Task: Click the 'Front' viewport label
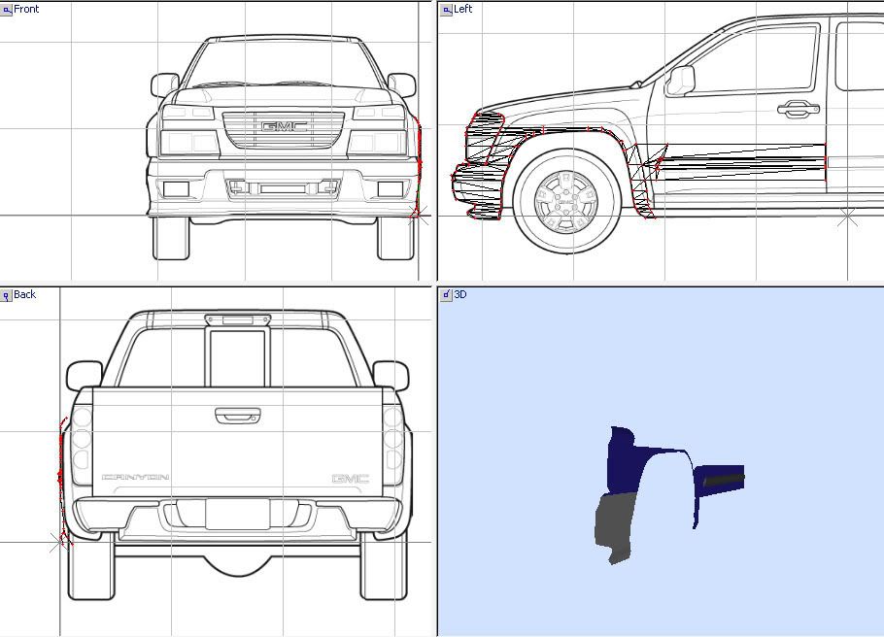(26, 9)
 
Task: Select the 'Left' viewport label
(462, 9)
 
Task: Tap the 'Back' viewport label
(25, 294)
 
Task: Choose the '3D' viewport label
(460, 294)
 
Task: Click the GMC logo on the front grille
(284, 127)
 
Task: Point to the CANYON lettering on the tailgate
(135, 477)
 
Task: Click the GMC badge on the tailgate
(350, 479)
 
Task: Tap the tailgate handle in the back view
(237, 416)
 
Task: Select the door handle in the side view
(798, 109)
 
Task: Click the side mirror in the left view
(680, 82)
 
